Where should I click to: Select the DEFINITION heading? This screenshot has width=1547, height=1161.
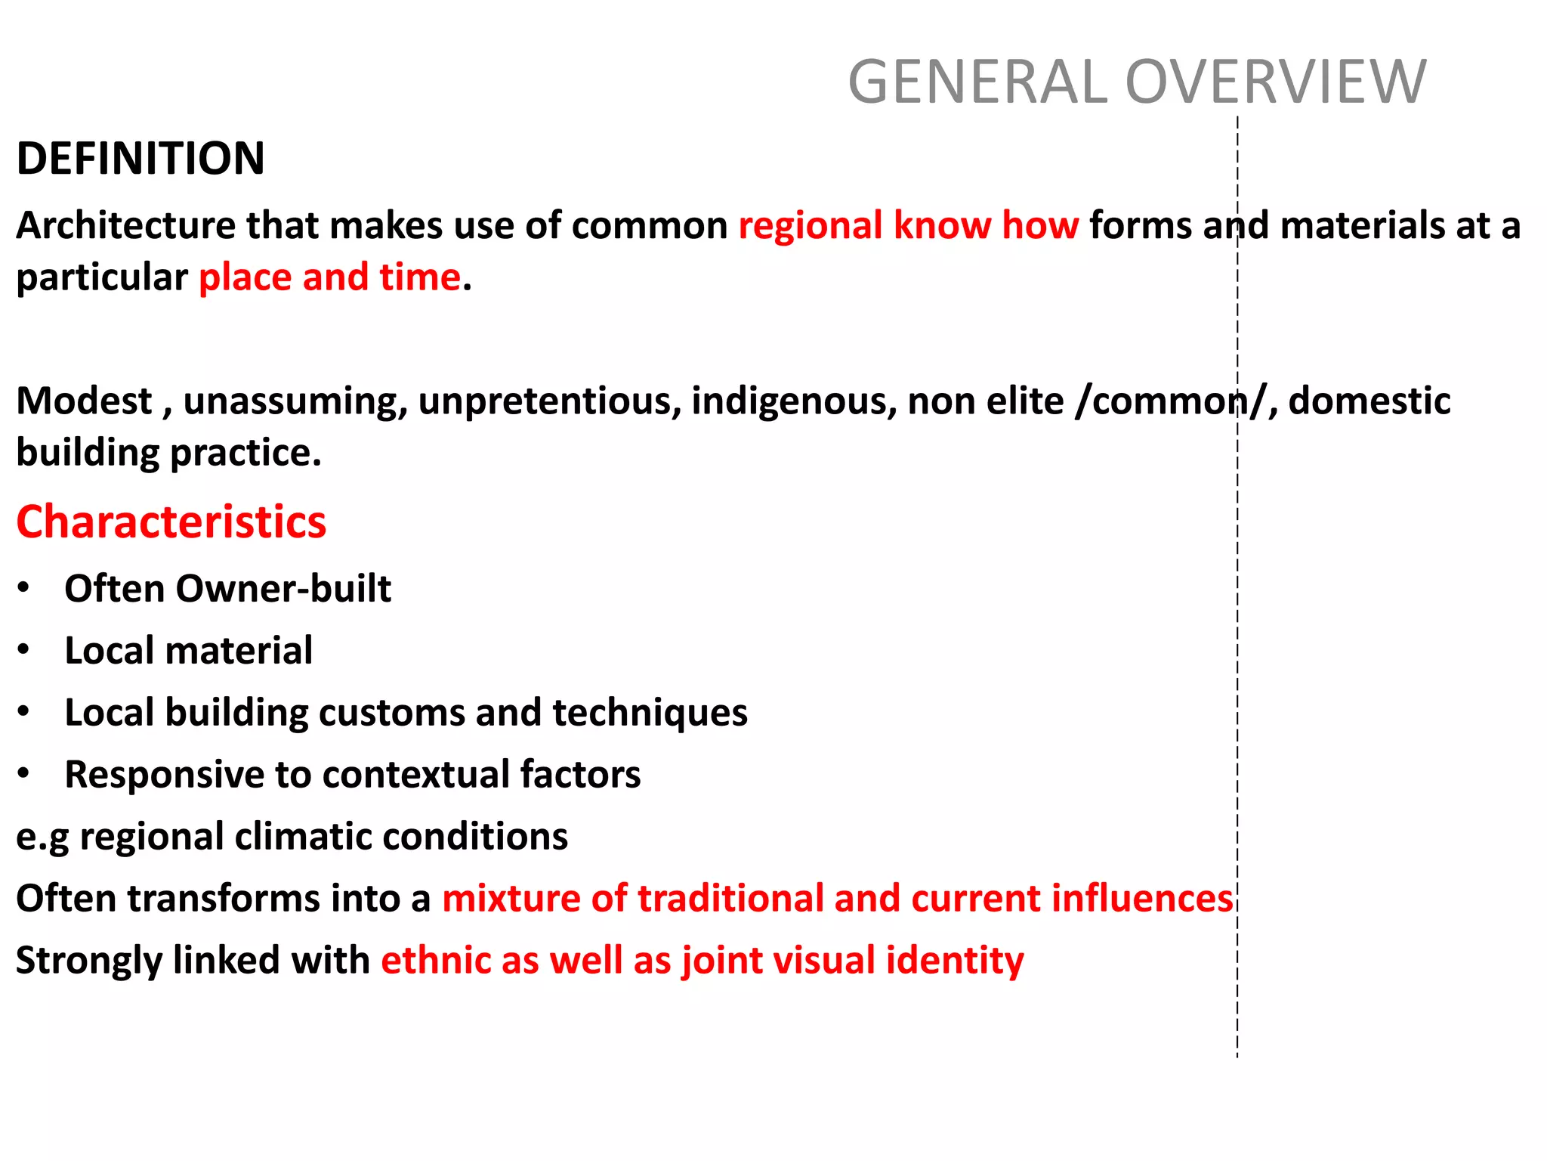tap(140, 159)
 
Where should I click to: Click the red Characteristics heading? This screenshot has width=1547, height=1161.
tap(171, 522)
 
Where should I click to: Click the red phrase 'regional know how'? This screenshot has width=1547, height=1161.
tap(909, 225)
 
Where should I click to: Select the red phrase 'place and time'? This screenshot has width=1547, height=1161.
tap(329, 277)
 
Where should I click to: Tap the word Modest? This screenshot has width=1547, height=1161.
tap(84, 401)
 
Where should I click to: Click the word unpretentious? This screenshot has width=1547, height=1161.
tap(549, 401)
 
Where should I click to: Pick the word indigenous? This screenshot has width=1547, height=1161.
tap(793, 401)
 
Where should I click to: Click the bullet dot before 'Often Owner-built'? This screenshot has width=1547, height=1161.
tap(24, 587)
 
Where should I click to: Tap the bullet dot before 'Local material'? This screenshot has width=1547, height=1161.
tap(24, 649)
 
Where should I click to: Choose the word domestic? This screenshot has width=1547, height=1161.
tap(1369, 401)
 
